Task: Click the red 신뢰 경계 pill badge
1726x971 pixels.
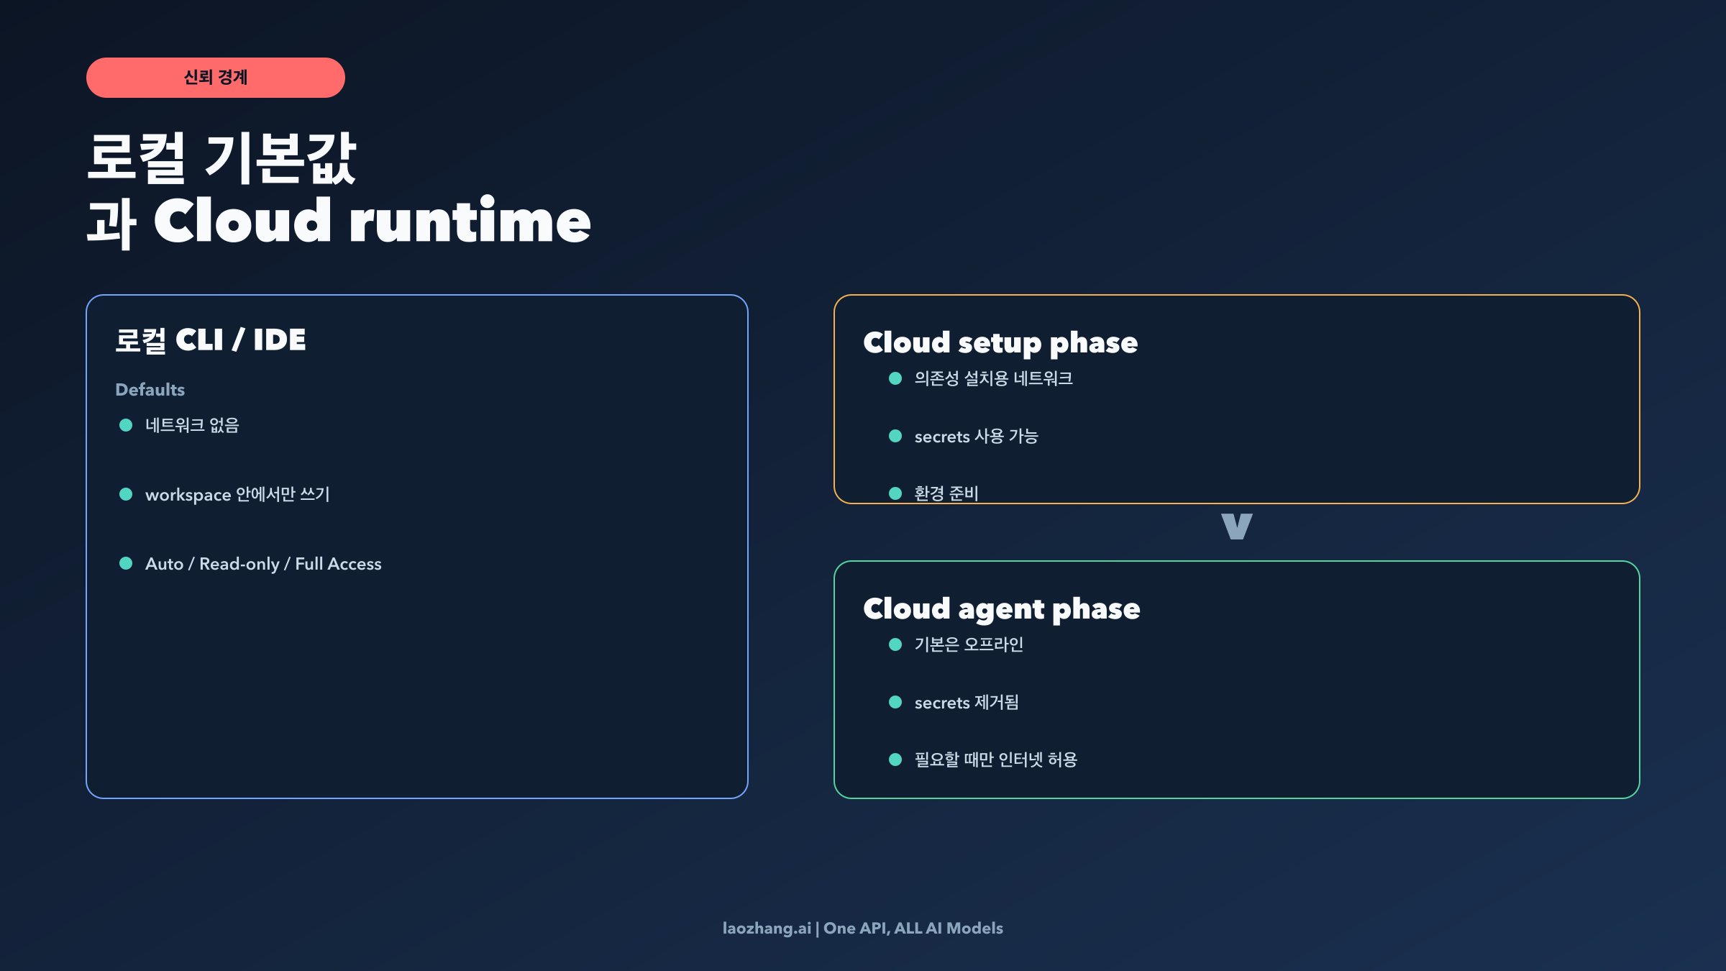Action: pyautogui.click(x=216, y=78)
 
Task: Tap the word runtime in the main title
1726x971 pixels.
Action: pyautogui.click(x=470, y=221)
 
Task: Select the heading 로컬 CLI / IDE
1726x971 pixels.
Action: pyautogui.click(x=211, y=340)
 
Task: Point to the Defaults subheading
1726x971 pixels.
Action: pyautogui.click(x=150, y=390)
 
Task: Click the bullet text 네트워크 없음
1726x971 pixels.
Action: pyautogui.click(x=192, y=425)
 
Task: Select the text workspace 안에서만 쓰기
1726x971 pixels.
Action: pyautogui.click(x=237, y=495)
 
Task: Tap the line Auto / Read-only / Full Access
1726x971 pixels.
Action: pyautogui.click(x=263, y=564)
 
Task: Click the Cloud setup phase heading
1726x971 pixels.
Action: pyautogui.click(x=1000, y=343)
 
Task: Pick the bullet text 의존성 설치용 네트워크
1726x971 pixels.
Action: pyautogui.click(x=993, y=378)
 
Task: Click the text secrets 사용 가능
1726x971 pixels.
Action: pyautogui.click(x=976, y=437)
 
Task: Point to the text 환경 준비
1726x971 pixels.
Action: pyautogui.click(x=946, y=493)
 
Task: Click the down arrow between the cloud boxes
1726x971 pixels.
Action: pyautogui.click(x=1237, y=526)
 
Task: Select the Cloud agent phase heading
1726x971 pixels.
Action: pyautogui.click(x=1002, y=609)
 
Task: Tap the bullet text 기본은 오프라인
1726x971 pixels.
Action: pyautogui.click(x=969, y=644)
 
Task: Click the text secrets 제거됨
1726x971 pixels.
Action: pyautogui.click(x=967, y=703)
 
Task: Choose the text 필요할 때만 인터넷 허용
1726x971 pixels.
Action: pyautogui.click(x=995, y=760)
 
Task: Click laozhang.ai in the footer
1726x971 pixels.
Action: pyautogui.click(x=767, y=929)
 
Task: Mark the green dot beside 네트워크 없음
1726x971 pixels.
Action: pyautogui.click(x=126, y=425)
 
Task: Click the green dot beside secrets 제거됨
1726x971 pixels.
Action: pyautogui.click(x=895, y=702)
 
